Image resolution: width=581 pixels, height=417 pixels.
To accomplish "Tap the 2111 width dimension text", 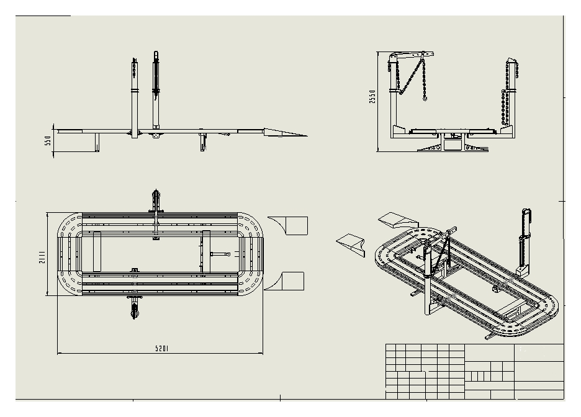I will click(x=42, y=257).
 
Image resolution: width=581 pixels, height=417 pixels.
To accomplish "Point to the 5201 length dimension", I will click(x=162, y=349).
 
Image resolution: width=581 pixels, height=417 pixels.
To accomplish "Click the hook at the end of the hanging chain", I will click(x=425, y=97).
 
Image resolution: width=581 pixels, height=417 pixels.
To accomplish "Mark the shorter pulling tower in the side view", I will click(x=134, y=99).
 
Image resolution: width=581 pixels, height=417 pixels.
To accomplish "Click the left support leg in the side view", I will click(x=96, y=142).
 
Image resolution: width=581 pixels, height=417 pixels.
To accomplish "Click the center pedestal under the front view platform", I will click(x=451, y=143).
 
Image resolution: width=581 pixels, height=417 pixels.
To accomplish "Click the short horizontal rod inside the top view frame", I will click(x=220, y=254).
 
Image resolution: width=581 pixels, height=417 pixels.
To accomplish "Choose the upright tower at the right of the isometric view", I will click(x=525, y=242).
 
